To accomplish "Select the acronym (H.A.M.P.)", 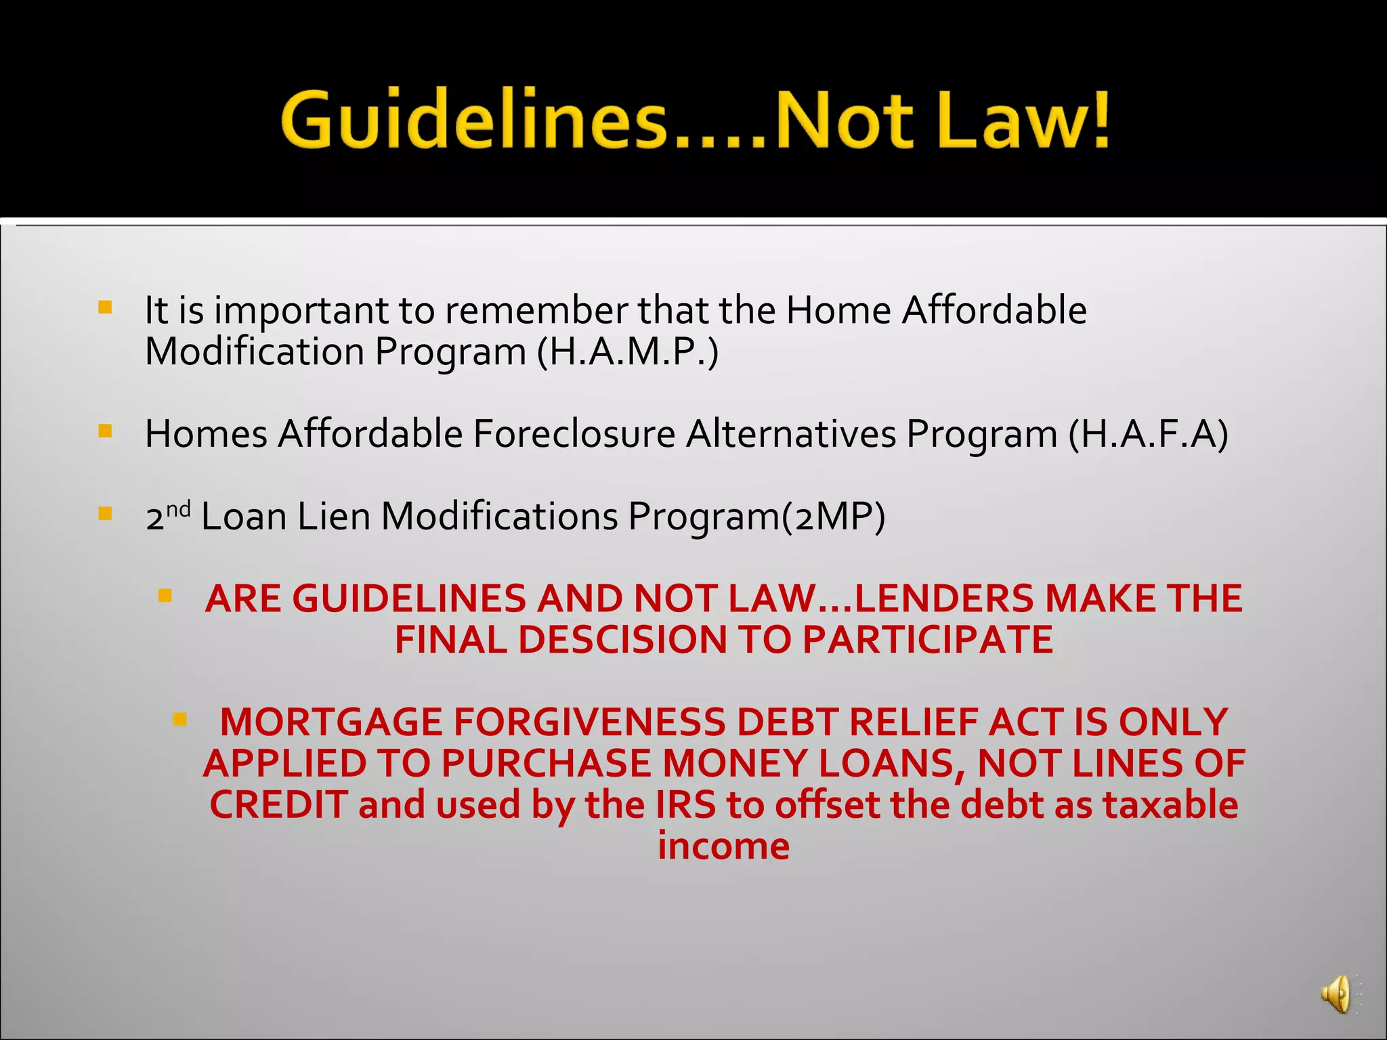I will (627, 352).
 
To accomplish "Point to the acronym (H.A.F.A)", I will (1148, 434).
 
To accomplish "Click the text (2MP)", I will (833, 517).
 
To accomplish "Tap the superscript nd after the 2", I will (178, 508).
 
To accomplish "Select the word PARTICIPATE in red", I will (928, 640).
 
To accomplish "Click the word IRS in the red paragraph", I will (685, 805).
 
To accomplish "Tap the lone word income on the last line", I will (723, 846).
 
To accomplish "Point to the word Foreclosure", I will (574, 434).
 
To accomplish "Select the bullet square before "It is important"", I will (105, 308).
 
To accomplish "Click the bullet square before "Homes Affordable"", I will (105, 431).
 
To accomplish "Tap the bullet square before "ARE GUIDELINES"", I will (165, 596).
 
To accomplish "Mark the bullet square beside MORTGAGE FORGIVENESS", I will (179, 719).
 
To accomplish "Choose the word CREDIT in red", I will (278, 805).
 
